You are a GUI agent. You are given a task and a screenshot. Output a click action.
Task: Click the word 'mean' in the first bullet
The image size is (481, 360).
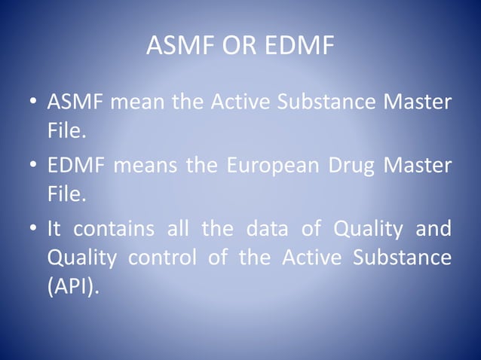point(139,103)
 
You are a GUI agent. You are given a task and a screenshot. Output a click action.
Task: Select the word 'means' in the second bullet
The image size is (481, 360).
point(148,166)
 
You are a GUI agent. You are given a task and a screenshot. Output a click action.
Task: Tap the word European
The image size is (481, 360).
point(266,166)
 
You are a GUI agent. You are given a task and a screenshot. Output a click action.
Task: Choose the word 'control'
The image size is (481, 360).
point(163,259)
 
